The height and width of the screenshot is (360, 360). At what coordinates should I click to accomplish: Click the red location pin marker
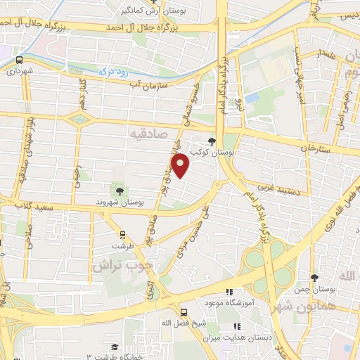(x=181, y=165)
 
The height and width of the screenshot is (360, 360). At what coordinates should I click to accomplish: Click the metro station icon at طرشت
(x=123, y=235)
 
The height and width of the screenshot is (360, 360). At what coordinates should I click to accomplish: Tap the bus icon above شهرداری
(x=19, y=60)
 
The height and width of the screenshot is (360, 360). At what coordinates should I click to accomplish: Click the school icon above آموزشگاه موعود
(x=229, y=292)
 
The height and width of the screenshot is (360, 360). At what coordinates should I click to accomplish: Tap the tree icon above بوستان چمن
(x=314, y=278)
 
